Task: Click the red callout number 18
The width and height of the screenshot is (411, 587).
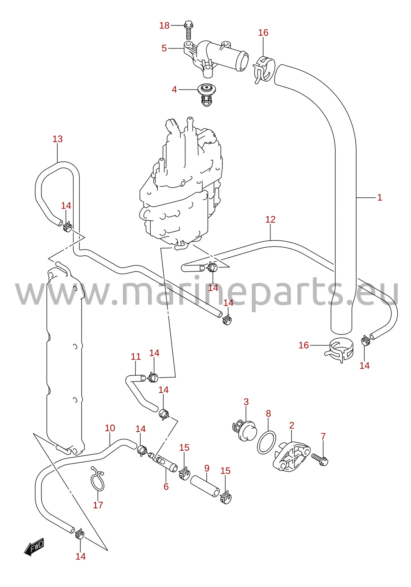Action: coord(164,26)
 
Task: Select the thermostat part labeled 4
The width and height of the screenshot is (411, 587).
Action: coord(207,95)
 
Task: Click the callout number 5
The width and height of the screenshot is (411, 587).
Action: coord(164,48)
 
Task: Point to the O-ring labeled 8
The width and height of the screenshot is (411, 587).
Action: coord(266,443)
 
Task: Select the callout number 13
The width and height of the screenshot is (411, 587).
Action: coord(58,139)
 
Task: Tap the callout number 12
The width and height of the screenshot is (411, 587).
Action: coord(270,219)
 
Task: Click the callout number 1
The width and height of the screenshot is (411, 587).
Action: coord(380,198)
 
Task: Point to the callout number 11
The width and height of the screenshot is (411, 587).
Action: coord(136,357)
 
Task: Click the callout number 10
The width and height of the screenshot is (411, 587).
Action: coord(110,428)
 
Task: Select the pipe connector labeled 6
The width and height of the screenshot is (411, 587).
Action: coord(163,464)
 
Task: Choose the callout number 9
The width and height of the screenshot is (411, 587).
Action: coord(207,468)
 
